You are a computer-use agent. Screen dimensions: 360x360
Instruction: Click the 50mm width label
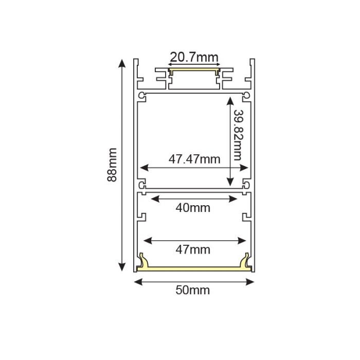(193, 290)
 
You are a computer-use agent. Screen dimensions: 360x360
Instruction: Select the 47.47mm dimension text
(194, 159)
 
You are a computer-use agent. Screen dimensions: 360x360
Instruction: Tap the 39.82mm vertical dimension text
(238, 135)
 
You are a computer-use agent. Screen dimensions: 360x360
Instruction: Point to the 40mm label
(193, 208)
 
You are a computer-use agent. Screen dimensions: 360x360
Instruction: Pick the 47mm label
(193, 250)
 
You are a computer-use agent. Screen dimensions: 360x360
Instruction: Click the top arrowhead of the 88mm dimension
(122, 63)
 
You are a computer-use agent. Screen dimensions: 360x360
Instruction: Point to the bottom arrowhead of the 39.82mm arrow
(230, 183)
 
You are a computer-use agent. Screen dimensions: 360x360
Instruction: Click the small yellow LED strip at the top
(194, 70)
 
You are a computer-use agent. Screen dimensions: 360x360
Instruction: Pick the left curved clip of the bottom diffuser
(143, 261)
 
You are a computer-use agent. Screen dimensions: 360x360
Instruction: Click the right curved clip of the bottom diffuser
(246, 261)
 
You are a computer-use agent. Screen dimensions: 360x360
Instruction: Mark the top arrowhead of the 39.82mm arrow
(230, 101)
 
